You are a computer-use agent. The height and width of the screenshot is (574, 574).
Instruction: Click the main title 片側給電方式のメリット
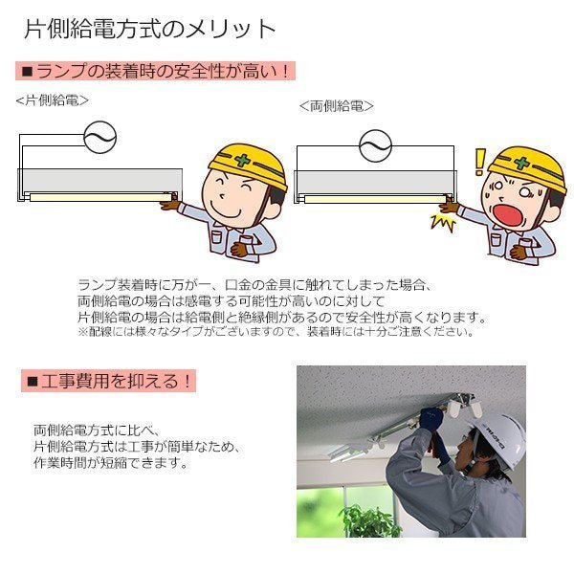click(x=150, y=29)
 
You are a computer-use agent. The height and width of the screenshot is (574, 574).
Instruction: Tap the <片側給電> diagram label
click(x=52, y=99)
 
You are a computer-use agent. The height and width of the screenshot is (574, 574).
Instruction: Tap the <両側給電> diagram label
click(x=337, y=106)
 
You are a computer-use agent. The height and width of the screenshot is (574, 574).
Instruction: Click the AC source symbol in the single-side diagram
click(x=99, y=137)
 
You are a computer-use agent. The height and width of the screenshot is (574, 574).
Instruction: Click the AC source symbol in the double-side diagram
click(x=376, y=145)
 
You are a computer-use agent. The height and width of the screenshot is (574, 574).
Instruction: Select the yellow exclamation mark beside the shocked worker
click(x=479, y=162)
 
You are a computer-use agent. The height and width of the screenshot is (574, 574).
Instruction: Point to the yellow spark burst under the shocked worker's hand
click(x=443, y=223)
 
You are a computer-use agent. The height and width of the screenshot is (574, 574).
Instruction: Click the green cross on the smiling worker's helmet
click(x=242, y=160)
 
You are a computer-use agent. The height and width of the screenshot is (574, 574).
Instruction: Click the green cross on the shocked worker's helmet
click(x=521, y=163)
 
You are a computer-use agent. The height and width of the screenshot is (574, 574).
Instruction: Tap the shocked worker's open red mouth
click(x=507, y=215)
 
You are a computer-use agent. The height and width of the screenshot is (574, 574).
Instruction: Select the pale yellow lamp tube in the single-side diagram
click(x=100, y=198)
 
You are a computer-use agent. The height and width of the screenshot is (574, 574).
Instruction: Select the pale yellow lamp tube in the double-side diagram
click(x=375, y=200)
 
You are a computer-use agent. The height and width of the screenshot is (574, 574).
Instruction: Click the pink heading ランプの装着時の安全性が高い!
click(x=155, y=71)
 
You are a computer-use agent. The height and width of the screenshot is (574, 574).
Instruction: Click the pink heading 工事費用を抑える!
click(x=108, y=381)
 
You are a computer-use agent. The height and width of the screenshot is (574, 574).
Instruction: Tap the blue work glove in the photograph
click(x=431, y=420)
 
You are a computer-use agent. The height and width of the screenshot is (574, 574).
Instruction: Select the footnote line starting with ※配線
click(x=276, y=332)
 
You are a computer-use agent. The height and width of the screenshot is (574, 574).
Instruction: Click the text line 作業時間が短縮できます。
click(x=111, y=463)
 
